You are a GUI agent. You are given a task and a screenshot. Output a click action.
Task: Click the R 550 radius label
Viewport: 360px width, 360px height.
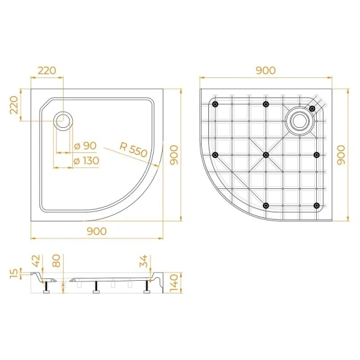click(133, 149)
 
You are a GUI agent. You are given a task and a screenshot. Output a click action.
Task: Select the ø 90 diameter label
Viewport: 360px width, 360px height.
click(86, 146)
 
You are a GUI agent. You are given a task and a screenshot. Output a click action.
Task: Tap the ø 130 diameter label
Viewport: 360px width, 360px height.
click(86, 160)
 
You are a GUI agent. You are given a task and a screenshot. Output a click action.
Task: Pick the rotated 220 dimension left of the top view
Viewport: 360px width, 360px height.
click(13, 109)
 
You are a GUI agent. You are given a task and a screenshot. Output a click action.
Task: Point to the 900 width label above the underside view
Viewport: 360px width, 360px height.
click(265, 70)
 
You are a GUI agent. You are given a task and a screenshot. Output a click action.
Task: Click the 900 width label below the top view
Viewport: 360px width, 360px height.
click(97, 231)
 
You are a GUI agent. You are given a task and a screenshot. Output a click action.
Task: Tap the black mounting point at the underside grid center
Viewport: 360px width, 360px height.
click(265, 155)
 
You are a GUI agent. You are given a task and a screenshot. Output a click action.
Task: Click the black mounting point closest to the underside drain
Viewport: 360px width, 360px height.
click(312, 108)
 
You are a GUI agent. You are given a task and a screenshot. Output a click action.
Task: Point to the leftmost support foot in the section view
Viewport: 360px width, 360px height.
click(46, 290)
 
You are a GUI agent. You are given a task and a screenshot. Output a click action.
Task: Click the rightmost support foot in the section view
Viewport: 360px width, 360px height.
click(146, 290)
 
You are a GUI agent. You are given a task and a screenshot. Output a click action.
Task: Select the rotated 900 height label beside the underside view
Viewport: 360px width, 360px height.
click(340, 155)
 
